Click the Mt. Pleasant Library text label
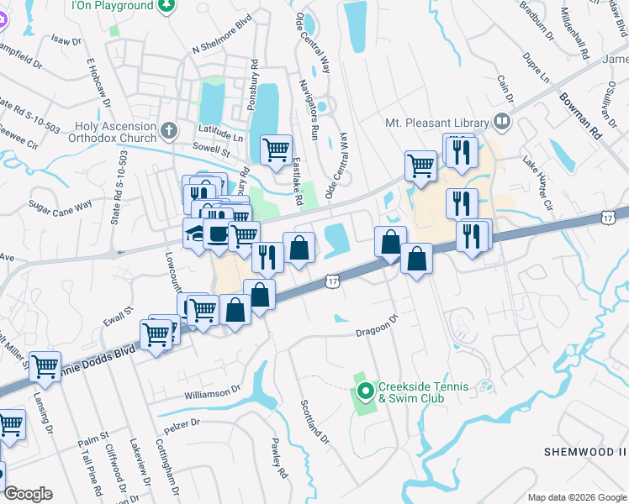coord(437,122)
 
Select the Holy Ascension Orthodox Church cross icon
coord(169,130)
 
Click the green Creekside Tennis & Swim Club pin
coord(365,391)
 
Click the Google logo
coord(28,494)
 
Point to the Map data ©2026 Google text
coord(576,497)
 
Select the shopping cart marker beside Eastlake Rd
coord(276,151)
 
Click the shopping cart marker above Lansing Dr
coord(45,366)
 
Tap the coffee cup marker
coord(218,234)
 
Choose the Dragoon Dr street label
coord(376,326)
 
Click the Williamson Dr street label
coord(213,392)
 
